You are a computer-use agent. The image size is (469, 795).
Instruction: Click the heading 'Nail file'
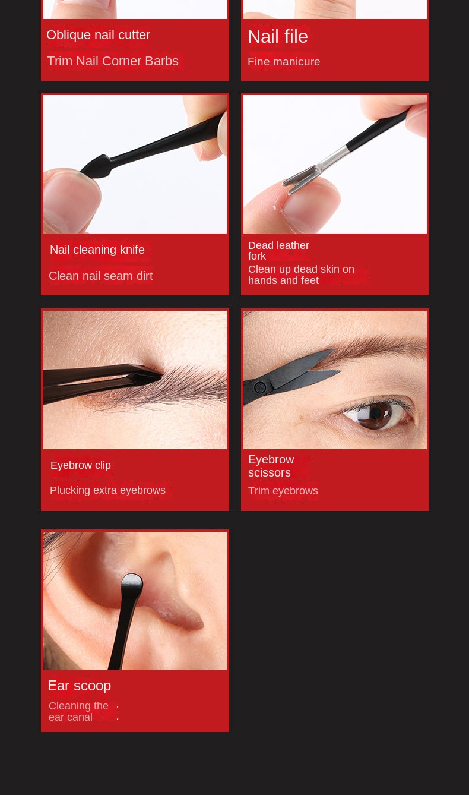[x=278, y=37]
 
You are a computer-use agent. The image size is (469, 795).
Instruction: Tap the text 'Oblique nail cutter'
[x=98, y=35]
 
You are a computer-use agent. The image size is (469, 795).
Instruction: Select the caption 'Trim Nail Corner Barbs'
[x=113, y=61]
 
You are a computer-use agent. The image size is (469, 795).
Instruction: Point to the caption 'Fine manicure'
[x=284, y=62]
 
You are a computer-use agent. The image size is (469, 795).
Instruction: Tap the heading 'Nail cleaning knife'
[x=97, y=250]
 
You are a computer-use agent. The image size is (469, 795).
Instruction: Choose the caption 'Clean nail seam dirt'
[x=101, y=276]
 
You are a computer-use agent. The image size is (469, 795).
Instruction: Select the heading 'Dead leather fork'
[x=278, y=251]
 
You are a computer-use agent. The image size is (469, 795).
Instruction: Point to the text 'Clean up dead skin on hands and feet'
[x=301, y=275]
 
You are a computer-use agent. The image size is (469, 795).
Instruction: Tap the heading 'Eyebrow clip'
[x=81, y=465]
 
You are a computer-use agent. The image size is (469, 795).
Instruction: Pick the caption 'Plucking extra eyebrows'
[x=107, y=490]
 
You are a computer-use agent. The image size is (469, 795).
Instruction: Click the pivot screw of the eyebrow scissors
[x=260, y=387]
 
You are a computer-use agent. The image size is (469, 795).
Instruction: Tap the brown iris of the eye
[x=376, y=415]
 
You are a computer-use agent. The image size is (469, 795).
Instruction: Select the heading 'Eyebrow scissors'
[x=271, y=466]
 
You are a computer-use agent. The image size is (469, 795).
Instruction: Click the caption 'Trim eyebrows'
[x=283, y=491]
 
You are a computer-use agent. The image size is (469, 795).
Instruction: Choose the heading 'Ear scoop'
[x=79, y=686]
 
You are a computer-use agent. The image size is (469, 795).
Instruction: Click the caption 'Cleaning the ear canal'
[x=78, y=711]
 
